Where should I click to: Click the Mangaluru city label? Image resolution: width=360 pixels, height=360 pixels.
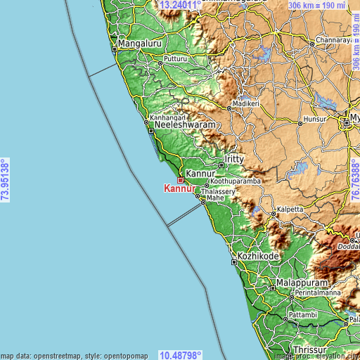tap(141, 44)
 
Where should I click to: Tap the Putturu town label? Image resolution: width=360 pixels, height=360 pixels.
tap(176, 60)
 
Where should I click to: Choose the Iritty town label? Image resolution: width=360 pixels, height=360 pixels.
tap(233, 160)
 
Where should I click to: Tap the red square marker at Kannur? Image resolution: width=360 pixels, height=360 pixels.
tap(180, 180)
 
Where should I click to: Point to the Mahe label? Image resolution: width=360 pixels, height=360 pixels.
tap(214, 199)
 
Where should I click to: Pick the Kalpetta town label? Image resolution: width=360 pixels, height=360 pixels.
tap(289, 209)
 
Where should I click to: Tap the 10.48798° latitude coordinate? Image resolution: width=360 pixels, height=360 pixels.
tap(181, 354)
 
